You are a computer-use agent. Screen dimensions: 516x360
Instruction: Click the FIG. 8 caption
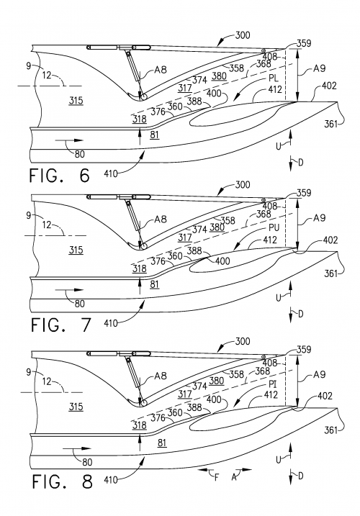point(61,481)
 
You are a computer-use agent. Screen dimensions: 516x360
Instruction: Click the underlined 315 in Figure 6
point(74,101)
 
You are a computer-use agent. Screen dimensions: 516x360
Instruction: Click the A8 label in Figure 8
point(160,380)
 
